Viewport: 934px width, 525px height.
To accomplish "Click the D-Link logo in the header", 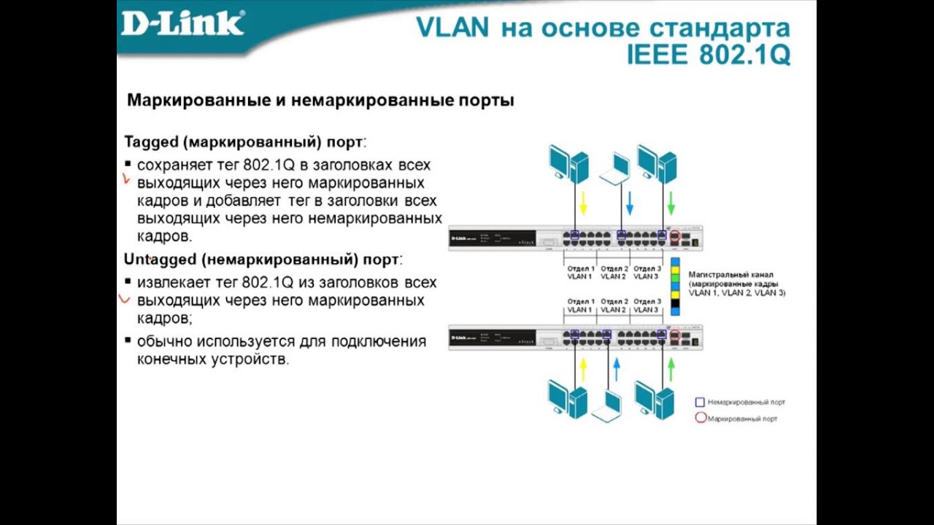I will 182,23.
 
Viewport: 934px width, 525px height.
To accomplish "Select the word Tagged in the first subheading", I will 151,141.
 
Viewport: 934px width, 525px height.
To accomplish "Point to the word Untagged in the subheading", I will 160,260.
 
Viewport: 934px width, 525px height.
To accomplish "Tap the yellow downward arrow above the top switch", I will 583,203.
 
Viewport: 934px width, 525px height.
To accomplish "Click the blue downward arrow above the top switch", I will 629,203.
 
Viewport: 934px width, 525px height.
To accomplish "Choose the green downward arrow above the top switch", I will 671,203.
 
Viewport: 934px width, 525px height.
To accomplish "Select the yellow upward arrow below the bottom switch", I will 583,369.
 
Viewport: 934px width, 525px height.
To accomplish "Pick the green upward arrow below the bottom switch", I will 671,369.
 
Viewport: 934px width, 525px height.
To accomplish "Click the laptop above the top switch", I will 615,168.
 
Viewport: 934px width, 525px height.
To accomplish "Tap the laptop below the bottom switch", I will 607,406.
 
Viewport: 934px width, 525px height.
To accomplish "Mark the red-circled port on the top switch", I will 675,236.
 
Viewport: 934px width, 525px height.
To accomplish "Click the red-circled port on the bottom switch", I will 675,335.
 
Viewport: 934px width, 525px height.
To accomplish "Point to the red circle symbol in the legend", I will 700,419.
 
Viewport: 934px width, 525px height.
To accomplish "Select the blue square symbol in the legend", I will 700,402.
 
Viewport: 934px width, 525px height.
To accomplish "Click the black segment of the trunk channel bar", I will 675,302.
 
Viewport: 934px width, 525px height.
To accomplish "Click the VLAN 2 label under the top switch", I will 614,277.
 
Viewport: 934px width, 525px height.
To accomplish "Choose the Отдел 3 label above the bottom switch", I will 647,301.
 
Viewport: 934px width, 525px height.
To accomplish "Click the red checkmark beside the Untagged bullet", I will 125,298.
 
